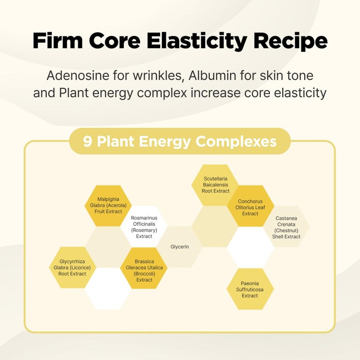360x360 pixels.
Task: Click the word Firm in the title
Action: tap(58, 40)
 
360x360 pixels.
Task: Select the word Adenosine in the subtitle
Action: tap(78, 76)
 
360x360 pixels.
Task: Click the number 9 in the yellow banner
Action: tap(87, 141)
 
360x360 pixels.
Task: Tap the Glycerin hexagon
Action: tap(180, 247)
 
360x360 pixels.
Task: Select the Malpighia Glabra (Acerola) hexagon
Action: tap(108, 206)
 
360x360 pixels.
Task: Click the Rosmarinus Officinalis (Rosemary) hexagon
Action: tap(144, 227)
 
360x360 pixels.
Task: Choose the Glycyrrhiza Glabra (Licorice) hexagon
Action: tap(72, 267)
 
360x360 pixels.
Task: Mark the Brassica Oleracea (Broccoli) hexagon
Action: tap(144, 268)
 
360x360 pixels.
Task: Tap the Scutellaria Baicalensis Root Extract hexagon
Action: tap(216, 185)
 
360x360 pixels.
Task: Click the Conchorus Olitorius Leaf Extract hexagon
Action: tap(250, 206)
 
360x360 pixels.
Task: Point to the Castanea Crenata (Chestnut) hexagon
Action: tap(286, 227)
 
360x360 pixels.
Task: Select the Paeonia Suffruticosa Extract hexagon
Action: tap(250, 289)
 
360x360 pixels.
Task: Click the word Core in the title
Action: tap(115, 40)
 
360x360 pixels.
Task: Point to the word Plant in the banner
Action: tap(115, 141)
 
